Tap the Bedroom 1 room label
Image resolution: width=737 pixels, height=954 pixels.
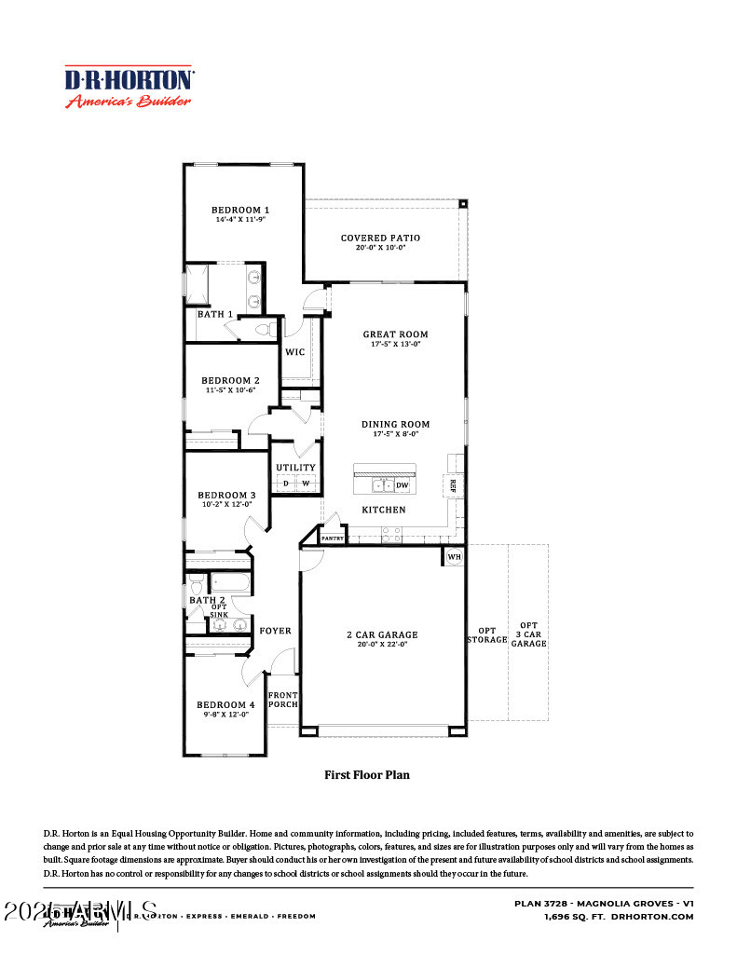[239, 210]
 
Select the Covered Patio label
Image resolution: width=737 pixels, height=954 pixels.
[380, 238]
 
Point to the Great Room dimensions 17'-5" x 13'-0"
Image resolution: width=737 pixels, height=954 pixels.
[395, 345]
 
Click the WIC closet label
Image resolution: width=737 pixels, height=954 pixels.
[294, 352]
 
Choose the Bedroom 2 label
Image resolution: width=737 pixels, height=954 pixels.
[230, 380]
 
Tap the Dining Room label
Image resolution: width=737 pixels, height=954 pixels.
[395, 424]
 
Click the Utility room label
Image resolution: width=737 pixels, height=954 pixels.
[295, 468]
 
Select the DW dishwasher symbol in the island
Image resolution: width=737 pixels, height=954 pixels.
[403, 485]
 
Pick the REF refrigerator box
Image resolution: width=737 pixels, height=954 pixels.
[452, 485]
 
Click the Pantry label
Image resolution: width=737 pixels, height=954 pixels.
[333, 538]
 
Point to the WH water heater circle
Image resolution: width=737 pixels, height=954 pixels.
[454, 556]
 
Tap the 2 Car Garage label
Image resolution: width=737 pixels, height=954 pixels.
[382, 634]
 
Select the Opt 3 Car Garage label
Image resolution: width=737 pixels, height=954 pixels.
[528, 634]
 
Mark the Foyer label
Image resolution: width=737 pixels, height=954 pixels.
[275, 631]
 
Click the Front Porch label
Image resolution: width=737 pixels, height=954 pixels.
[282, 700]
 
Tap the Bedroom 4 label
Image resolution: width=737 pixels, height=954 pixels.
[225, 704]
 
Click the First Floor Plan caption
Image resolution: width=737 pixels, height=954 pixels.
[366, 774]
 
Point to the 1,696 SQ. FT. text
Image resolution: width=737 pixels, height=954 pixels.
[575, 917]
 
